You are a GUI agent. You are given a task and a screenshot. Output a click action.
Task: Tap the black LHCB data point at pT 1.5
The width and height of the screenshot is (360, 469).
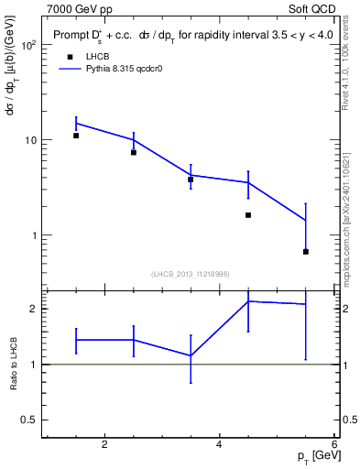pos(76,136)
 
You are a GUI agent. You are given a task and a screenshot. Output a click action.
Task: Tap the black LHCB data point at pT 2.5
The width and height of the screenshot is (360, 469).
pos(134,152)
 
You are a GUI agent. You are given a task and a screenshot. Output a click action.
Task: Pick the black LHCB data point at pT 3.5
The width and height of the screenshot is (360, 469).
pos(191,180)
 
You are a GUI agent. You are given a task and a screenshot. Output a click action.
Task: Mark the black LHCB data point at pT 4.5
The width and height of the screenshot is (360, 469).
pos(248,215)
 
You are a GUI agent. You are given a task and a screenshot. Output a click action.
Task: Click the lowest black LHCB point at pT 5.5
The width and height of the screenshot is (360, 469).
pos(305,251)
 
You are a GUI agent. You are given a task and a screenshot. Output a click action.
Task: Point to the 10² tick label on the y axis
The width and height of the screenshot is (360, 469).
pos(27,45)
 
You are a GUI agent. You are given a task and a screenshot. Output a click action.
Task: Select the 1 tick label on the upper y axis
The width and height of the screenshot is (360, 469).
pos(33,235)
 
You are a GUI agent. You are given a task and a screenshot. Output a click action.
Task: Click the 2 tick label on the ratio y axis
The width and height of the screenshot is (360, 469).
pos(33,309)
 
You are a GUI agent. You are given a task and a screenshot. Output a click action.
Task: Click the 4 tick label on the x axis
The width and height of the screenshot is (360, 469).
pos(219,445)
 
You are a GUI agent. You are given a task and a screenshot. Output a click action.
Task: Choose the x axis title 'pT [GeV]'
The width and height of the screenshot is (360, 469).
pos(314,455)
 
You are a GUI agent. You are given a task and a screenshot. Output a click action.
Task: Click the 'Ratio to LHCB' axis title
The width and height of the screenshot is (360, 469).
pos(13,364)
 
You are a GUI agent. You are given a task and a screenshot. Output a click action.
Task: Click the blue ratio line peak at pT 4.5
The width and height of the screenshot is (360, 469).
pos(248,301)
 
